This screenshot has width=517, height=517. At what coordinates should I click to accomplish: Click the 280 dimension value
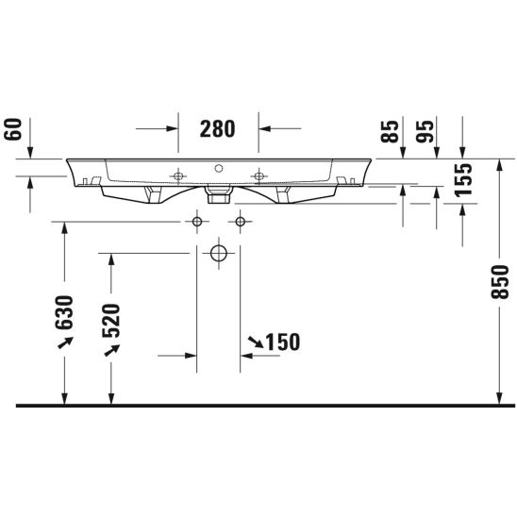[x=217, y=128]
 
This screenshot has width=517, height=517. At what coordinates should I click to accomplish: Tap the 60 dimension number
[x=13, y=129]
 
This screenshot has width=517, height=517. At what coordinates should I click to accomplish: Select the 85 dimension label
[x=390, y=132]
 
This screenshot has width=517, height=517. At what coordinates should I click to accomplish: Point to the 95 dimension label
[x=425, y=132]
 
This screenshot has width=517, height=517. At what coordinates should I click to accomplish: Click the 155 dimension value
[x=463, y=180]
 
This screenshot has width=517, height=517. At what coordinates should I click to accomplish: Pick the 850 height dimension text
[x=500, y=282]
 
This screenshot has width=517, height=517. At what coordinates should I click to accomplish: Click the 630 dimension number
[x=64, y=312]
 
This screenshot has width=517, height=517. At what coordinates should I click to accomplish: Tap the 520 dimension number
[x=110, y=321]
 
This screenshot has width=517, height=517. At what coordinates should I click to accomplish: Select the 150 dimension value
[x=283, y=342]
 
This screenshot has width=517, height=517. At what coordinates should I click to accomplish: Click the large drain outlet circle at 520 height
[x=219, y=253]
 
